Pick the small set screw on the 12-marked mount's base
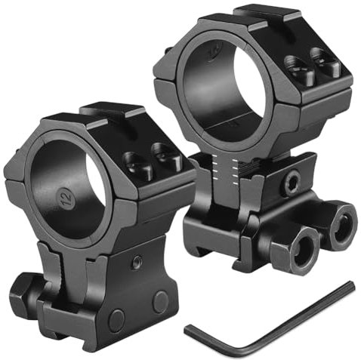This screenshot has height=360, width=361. tap(137, 261)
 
